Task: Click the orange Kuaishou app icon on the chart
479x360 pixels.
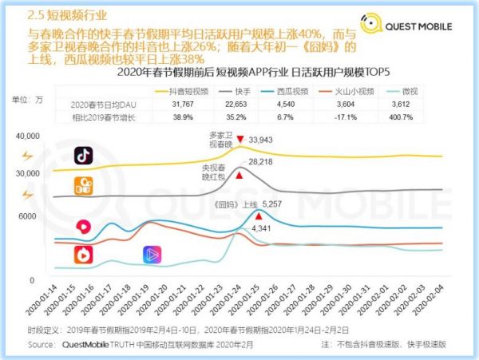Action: coord(83,184)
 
